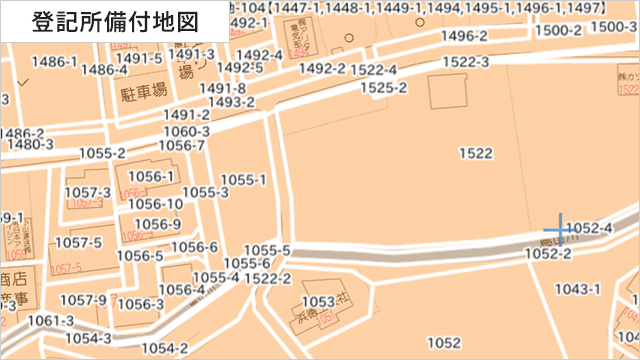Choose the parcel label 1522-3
pos(465,62)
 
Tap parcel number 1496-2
pos(463,36)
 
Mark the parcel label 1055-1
pos(243,180)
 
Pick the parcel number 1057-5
pos(78,242)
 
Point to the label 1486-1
pos(54,62)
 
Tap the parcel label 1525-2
pos(384,88)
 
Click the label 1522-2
pos(267,278)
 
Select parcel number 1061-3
pos(52,320)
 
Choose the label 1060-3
pos(186,131)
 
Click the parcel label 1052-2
pos(548,255)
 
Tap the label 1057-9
pos(83,299)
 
